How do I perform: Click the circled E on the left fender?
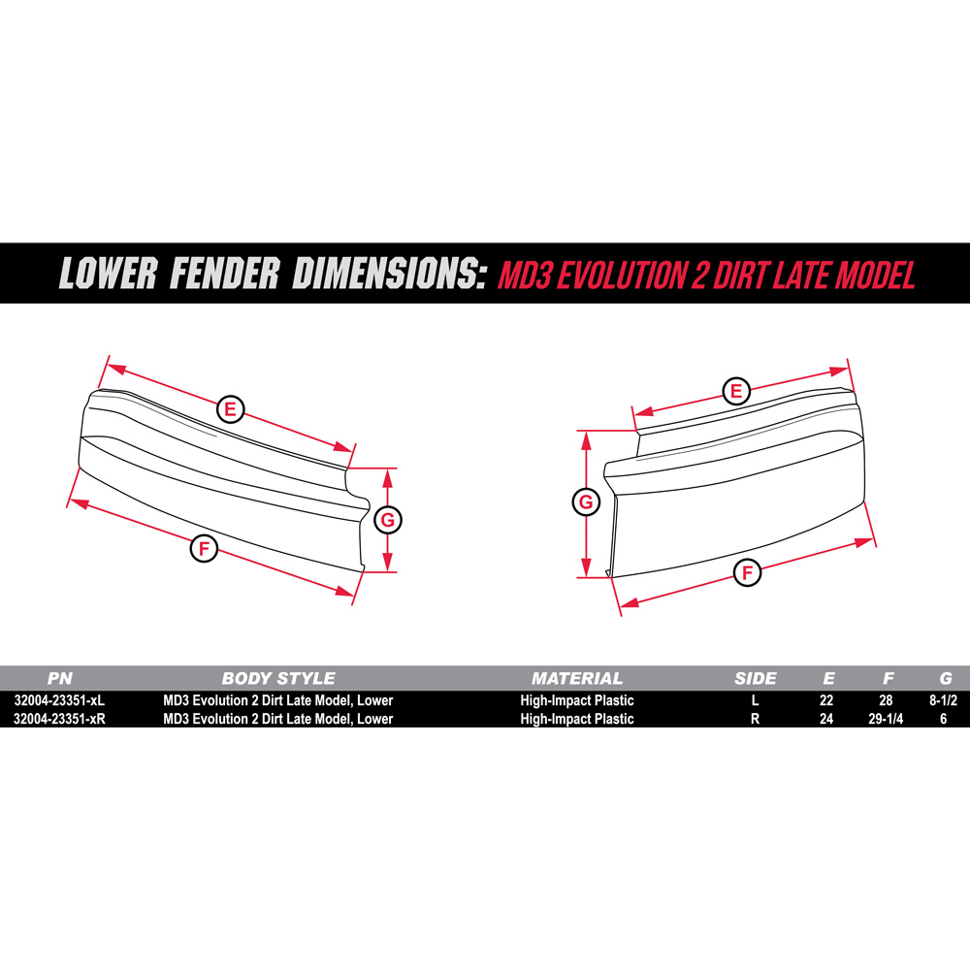pos(230,408)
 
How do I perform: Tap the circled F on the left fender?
pos(204,549)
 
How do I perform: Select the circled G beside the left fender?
pos(387,520)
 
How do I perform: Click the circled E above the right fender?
pos(736,391)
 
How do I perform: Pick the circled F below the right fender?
pos(747,572)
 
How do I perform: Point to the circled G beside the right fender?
pos(586,502)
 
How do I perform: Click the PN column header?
pos(60,679)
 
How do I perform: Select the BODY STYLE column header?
pos(277,679)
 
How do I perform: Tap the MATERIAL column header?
pos(576,679)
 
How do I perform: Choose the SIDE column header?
pos(756,679)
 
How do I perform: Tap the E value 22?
pos(827,700)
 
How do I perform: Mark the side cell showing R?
pos(756,719)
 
